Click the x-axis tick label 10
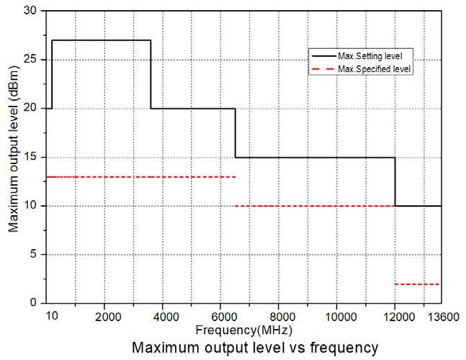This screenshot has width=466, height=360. coord(51,318)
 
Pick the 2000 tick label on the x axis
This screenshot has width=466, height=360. coord(107,318)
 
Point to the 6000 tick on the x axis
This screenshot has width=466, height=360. coord(222,318)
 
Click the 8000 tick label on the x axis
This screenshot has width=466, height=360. coord(279,318)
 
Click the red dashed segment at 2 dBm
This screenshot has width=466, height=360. coord(418,284)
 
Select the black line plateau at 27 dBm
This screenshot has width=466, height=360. coord(101,40)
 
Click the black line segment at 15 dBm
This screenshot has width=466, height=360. coord(315,157)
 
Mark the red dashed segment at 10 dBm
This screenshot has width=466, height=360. coord(315,206)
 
